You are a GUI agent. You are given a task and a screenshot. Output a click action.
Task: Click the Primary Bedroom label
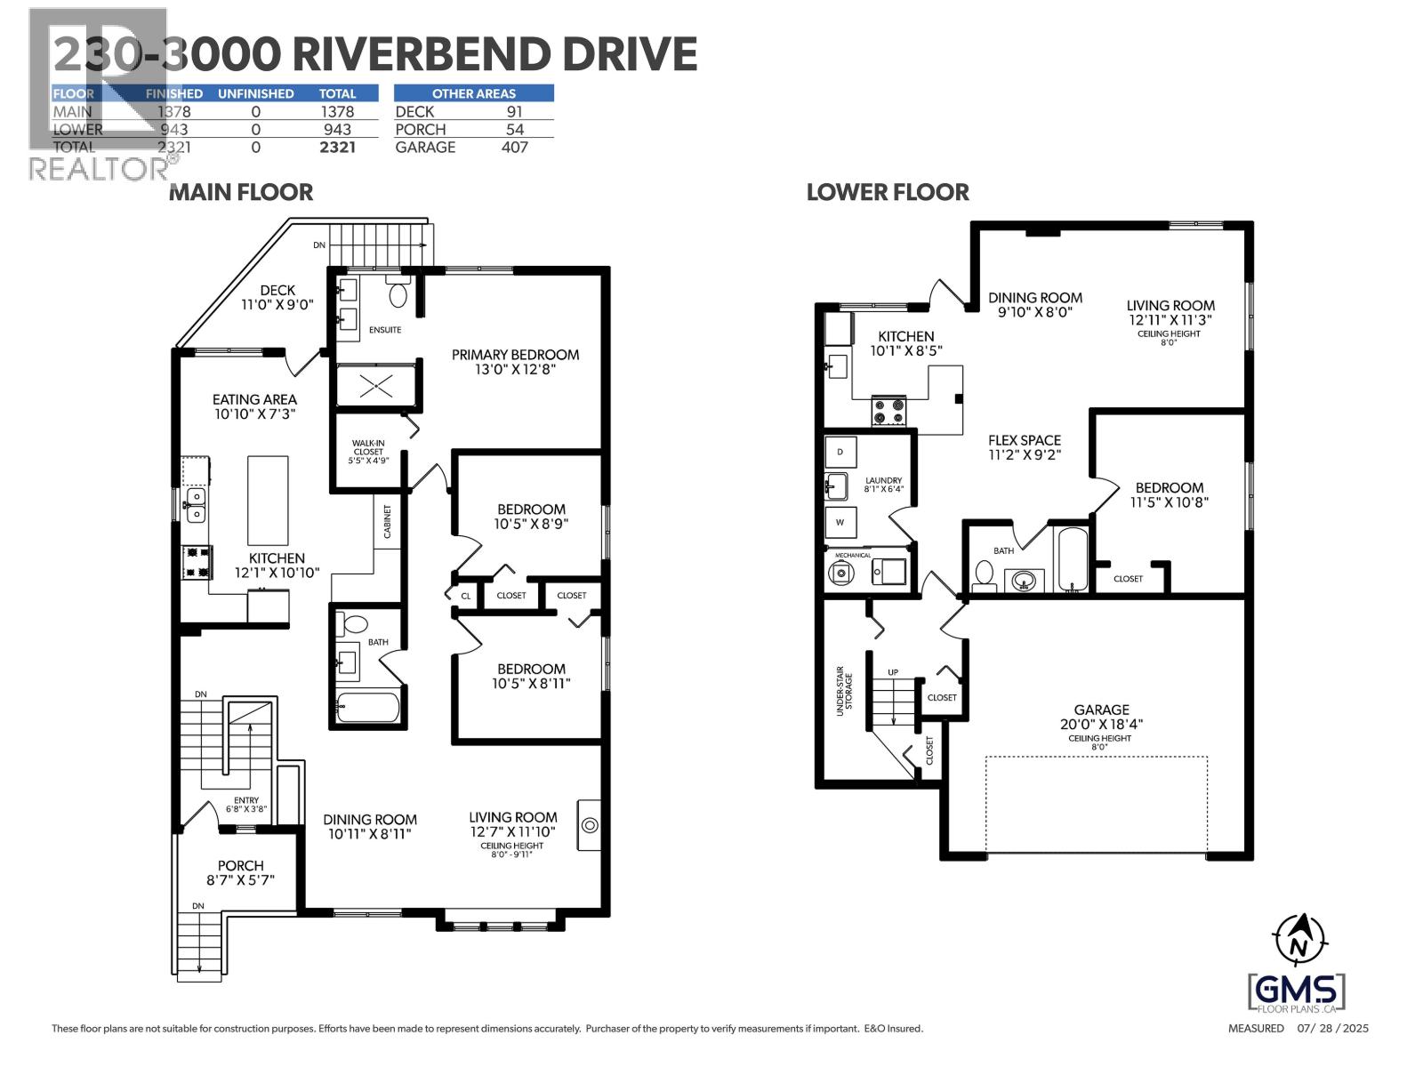(x=515, y=355)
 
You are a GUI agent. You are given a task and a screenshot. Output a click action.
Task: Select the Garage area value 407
(x=514, y=148)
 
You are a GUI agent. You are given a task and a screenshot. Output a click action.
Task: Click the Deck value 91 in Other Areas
(x=514, y=112)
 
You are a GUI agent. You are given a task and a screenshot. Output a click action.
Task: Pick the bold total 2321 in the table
(x=337, y=148)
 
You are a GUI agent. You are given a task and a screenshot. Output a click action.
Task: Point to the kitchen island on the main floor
(x=268, y=500)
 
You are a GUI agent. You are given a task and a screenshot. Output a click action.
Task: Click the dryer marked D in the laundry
(x=840, y=452)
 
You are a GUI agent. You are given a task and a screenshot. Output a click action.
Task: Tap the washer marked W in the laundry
(x=840, y=522)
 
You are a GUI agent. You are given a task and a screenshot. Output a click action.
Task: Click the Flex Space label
(x=1025, y=440)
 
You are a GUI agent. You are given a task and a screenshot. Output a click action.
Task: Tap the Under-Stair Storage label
(x=843, y=694)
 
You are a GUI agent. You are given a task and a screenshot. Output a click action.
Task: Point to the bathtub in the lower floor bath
(x=1071, y=560)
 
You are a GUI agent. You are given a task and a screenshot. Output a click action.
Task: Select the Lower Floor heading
(x=888, y=192)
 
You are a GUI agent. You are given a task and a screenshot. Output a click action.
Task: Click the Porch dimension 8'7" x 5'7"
(x=241, y=880)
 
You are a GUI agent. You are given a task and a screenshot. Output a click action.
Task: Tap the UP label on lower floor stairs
(x=893, y=672)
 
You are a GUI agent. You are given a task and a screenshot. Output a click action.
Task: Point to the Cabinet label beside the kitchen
(x=387, y=522)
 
